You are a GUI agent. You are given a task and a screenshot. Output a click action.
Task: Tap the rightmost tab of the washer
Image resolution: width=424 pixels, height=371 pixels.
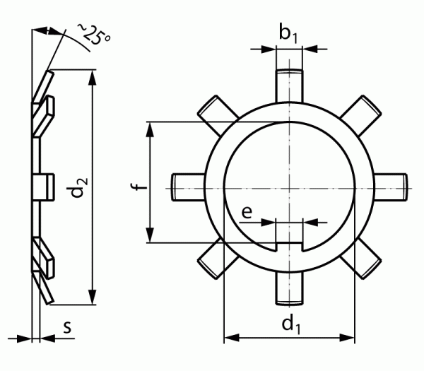(390, 186)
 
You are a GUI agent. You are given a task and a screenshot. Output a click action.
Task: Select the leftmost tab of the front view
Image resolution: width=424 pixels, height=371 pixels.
(187, 186)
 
